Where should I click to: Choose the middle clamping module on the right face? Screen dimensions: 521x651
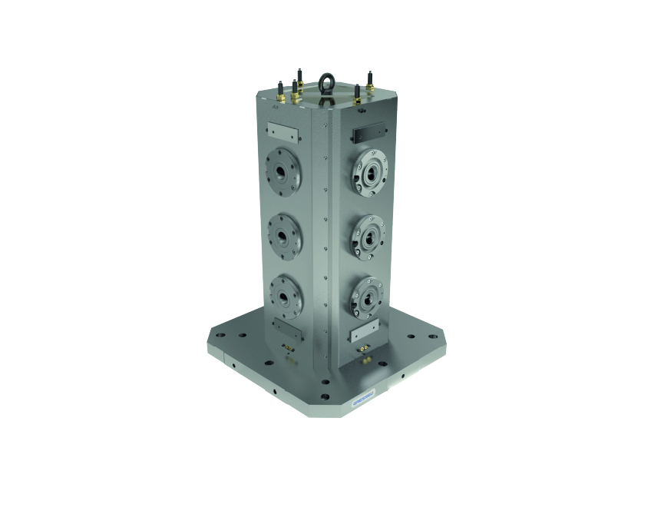(x=368, y=232)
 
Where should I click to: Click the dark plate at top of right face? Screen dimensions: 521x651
(x=367, y=134)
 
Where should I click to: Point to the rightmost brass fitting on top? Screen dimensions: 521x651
(x=370, y=86)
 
